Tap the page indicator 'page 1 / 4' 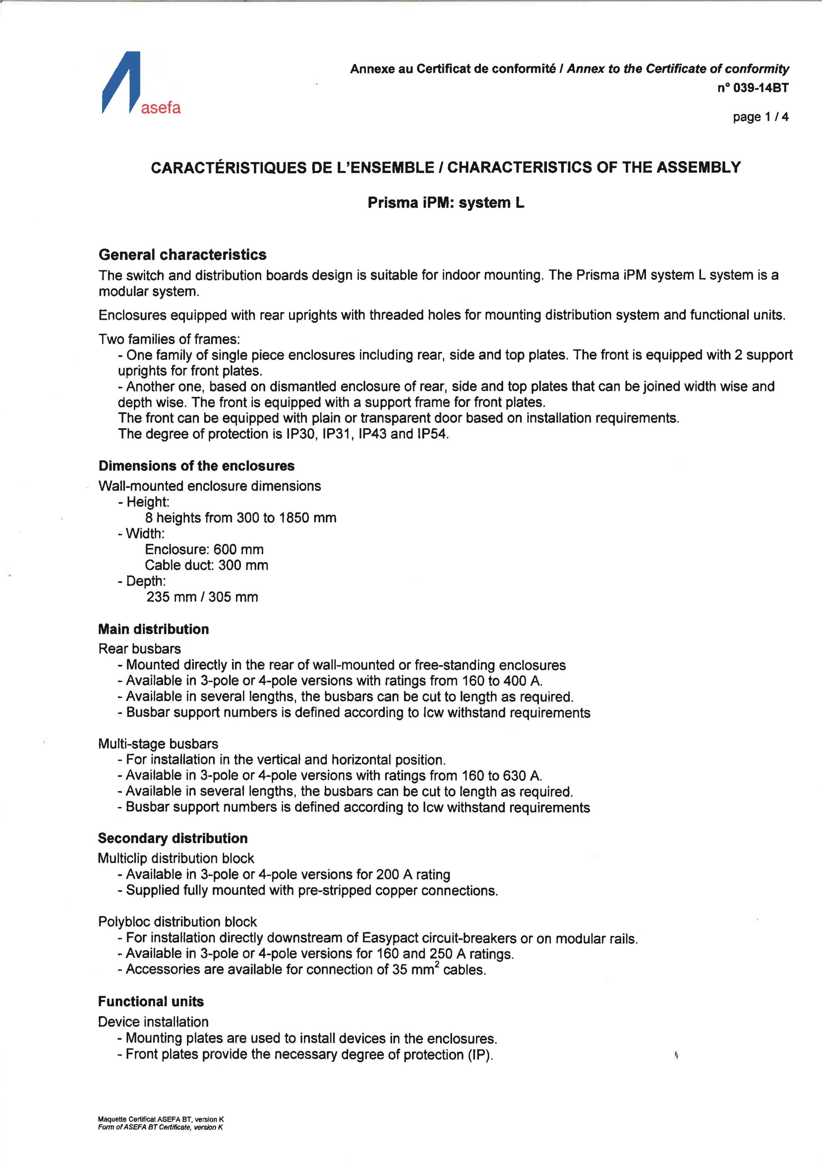(760, 117)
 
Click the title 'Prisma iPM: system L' (445, 203)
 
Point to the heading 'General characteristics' (182, 255)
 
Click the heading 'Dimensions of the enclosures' (197, 466)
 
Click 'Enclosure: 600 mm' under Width (204, 550)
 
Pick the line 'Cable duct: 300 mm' (206, 565)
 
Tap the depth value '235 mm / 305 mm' (202, 597)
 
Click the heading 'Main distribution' (153, 629)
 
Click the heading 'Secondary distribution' (173, 838)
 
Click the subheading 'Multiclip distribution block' (176, 858)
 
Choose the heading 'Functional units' (151, 1002)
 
